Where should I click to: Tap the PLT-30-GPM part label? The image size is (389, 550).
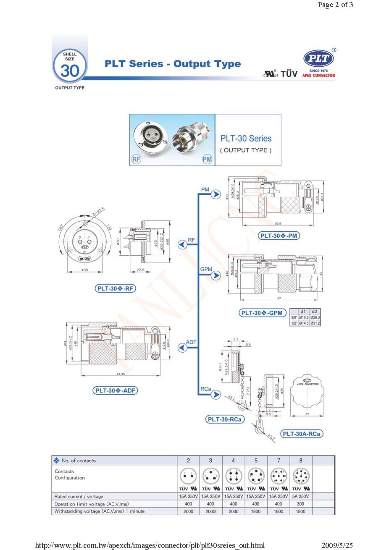click(x=262, y=313)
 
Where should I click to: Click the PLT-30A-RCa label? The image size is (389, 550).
click(x=302, y=434)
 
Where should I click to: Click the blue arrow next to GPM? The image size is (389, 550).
click(x=216, y=275)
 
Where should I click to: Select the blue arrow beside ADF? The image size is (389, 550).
click(x=182, y=348)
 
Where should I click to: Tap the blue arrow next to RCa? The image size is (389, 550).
click(x=216, y=395)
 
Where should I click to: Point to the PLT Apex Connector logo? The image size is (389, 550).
click(x=319, y=63)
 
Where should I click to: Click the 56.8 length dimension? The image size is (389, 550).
click(x=277, y=223)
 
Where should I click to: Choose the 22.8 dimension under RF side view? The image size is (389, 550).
click(x=141, y=270)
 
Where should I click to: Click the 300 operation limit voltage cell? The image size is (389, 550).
click(x=301, y=504)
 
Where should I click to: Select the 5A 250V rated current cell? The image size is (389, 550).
click(x=301, y=496)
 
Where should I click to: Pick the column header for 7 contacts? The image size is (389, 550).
click(x=279, y=461)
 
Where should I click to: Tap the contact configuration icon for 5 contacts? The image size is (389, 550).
click(x=255, y=477)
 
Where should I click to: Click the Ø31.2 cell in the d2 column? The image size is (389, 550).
click(x=315, y=323)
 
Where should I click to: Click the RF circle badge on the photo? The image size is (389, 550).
click(x=137, y=160)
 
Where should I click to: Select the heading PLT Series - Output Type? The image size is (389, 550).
click(x=173, y=64)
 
